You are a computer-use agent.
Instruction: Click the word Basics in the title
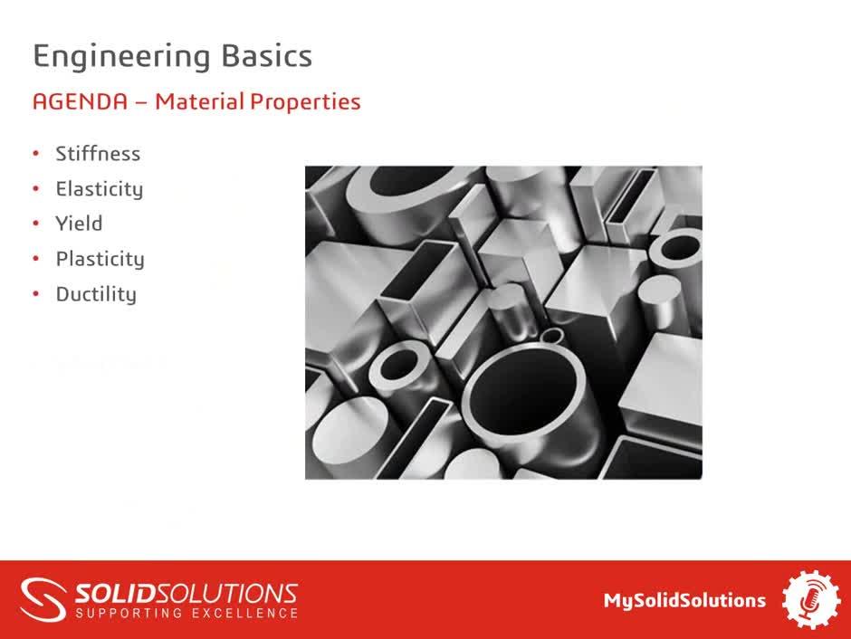point(267,56)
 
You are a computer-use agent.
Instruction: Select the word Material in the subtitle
point(199,101)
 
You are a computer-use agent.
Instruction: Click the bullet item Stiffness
point(98,154)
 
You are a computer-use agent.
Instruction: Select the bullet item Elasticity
point(100,189)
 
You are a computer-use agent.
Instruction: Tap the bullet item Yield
point(79,224)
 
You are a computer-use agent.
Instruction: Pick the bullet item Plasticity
point(100,259)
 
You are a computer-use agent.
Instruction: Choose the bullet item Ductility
point(96,294)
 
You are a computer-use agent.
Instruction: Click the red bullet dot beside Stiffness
point(36,154)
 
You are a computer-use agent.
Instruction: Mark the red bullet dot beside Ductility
point(36,294)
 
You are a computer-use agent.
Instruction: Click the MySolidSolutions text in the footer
point(685,600)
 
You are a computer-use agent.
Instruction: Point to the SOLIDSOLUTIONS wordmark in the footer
point(186,594)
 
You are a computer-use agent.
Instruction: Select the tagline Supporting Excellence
point(186,614)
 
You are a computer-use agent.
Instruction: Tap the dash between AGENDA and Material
point(141,102)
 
